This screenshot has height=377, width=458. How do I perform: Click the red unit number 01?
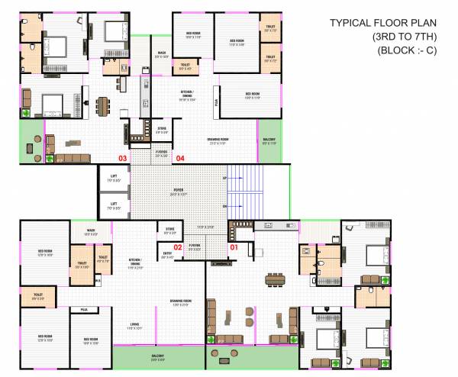[x=235, y=247]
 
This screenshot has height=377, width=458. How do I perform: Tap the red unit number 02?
[x=177, y=247]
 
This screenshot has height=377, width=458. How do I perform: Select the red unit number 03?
[x=121, y=159]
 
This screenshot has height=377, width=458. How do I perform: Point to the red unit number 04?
[x=180, y=159]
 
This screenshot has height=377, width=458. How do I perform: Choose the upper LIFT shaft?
[x=113, y=179]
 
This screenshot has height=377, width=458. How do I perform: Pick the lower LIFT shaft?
[x=113, y=204]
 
